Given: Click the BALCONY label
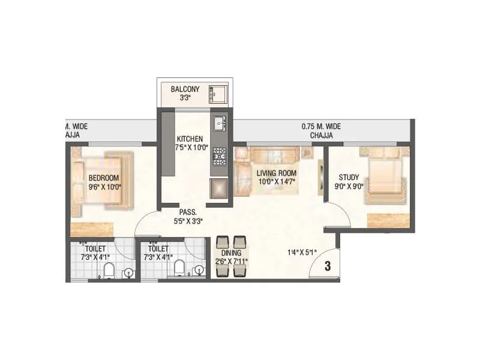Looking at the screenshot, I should (x=185, y=89).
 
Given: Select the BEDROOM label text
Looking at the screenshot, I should (x=104, y=178).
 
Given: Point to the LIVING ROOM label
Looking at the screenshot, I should (x=277, y=173).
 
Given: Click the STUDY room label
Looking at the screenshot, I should (x=348, y=177).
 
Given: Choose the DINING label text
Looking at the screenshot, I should (x=231, y=253).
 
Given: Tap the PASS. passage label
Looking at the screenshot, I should (x=188, y=212).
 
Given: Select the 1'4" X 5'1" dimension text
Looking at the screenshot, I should (x=302, y=253).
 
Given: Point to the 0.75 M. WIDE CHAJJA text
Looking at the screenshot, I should (x=321, y=127).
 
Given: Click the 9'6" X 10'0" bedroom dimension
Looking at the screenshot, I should (x=104, y=187).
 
